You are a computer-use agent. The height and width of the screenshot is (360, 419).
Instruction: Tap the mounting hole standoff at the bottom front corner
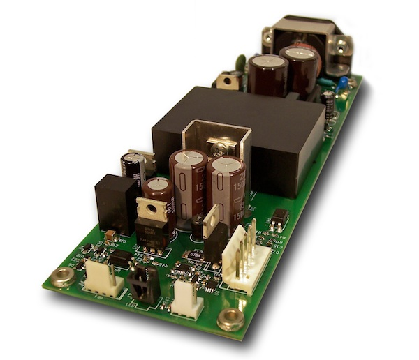pos(230,320)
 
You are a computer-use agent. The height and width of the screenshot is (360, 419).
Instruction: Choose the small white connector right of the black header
pos(186,297)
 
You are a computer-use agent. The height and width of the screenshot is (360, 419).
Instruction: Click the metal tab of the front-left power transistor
pos(151,208)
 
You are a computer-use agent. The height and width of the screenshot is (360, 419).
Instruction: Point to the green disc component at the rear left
pos(240,61)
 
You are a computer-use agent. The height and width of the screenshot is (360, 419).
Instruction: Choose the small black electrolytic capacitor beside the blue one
pos(328,103)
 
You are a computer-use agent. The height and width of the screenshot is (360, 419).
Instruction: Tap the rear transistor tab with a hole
pos(228,81)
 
